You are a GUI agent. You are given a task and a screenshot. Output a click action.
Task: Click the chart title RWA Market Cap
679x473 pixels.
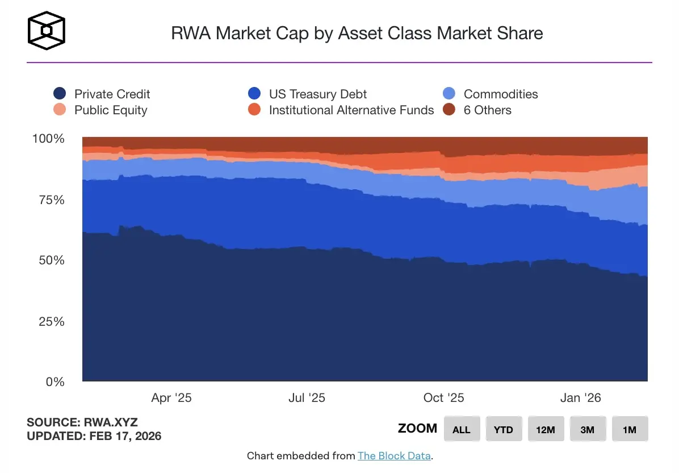pyautogui.click(x=357, y=33)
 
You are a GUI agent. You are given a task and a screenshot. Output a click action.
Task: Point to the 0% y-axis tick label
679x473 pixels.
pyautogui.click(x=56, y=381)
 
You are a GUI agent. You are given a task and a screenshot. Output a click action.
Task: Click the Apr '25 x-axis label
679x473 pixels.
pyautogui.click(x=171, y=398)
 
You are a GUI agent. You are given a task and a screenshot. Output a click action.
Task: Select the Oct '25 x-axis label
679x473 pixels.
pyautogui.click(x=444, y=398)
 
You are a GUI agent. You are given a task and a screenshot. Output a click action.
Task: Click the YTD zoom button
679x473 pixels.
pyautogui.click(x=504, y=429)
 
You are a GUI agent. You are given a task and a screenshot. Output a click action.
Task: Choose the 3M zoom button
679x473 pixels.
pyautogui.click(x=588, y=429)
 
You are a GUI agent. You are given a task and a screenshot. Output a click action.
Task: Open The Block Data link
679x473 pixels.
pyautogui.click(x=394, y=456)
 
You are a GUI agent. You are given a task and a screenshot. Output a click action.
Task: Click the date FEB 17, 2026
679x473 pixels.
pyautogui.click(x=125, y=437)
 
